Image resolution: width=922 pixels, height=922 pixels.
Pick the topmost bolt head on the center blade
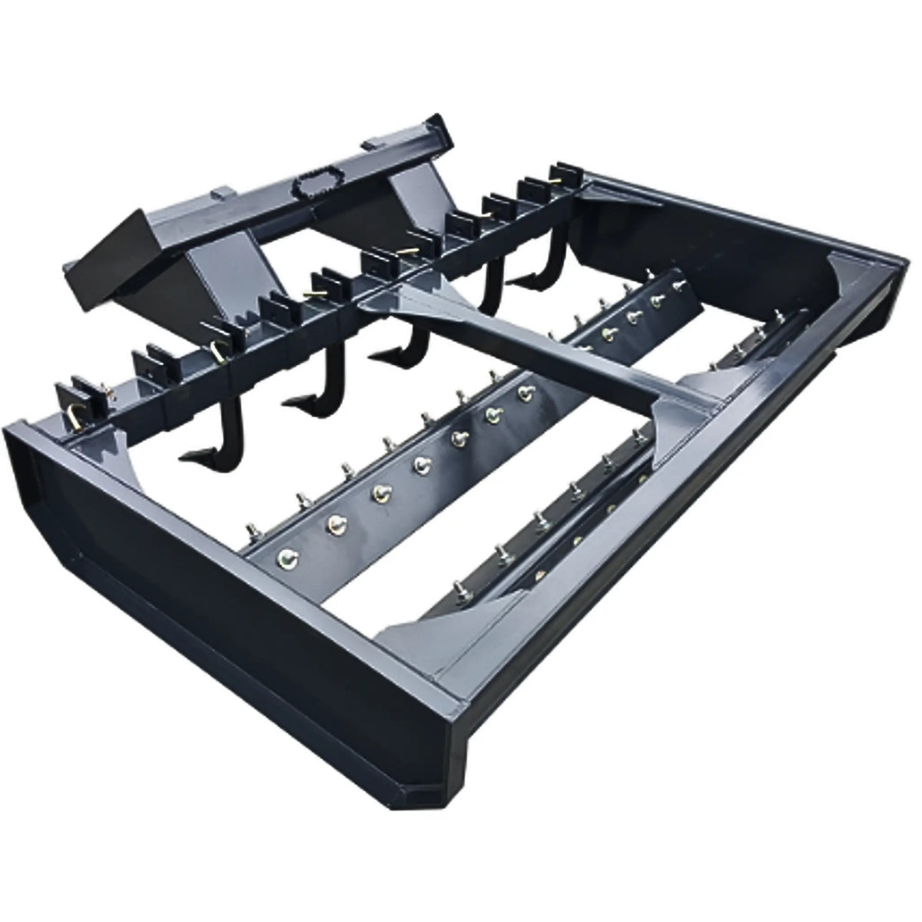680,286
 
